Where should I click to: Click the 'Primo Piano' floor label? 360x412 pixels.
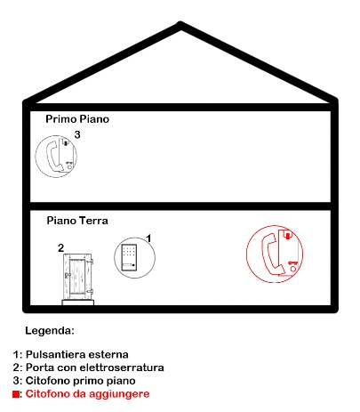[x=77, y=119]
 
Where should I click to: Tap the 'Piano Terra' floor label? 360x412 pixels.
[x=77, y=221]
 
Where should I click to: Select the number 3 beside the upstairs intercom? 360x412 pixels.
[x=77, y=134]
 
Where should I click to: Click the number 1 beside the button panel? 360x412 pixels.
[x=149, y=238]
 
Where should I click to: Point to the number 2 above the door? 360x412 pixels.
[x=60, y=248]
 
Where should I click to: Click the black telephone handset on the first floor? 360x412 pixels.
[x=54, y=156]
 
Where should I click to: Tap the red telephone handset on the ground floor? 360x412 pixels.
[x=273, y=254]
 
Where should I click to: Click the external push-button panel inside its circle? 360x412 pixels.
[x=129, y=257]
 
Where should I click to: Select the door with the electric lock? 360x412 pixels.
[x=78, y=277]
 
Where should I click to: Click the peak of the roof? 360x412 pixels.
[x=180, y=23]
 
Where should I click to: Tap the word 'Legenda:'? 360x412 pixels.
[x=50, y=330]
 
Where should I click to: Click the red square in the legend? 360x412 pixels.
[x=16, y=394]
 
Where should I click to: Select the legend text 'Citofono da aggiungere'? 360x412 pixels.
[x=87, y=394]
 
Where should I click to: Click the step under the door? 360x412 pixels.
[x=78, y=303]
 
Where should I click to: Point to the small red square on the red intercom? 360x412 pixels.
[x=287, y=236]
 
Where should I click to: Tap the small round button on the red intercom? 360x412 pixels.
[x=292, y=269]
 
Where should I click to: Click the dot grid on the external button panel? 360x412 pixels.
[x=129, y=251]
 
